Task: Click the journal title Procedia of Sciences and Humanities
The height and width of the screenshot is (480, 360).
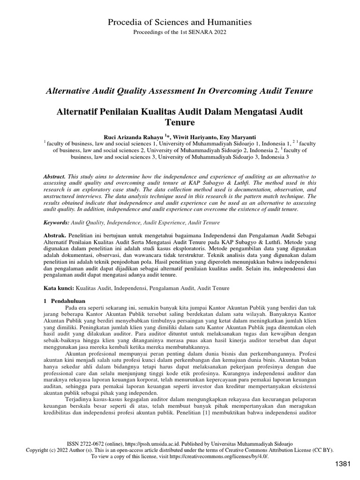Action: (x=180, y=22)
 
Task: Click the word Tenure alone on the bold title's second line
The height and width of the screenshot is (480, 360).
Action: (x=180, y=123)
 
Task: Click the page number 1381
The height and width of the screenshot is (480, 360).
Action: (x=342, y=464)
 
